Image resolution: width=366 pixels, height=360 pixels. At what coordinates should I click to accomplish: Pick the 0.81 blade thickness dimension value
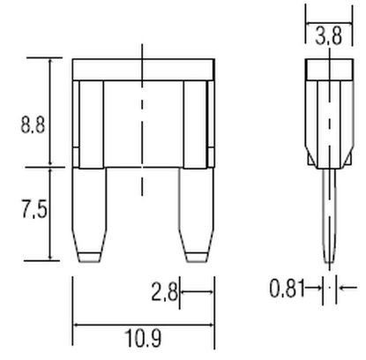coord(286,288)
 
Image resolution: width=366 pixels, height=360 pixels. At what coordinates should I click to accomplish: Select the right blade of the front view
coord(195,212)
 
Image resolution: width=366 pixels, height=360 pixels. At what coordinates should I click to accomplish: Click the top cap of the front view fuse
coord(141,69)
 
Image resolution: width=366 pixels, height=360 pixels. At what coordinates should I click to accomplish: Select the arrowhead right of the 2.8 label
coord(207,290)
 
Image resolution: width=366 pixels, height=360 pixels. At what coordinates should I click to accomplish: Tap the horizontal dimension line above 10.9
coord(141,325)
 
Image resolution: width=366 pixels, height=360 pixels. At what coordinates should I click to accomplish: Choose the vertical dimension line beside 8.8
coord(50,113)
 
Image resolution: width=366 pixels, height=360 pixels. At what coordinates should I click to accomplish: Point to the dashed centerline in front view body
coord(141,124)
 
